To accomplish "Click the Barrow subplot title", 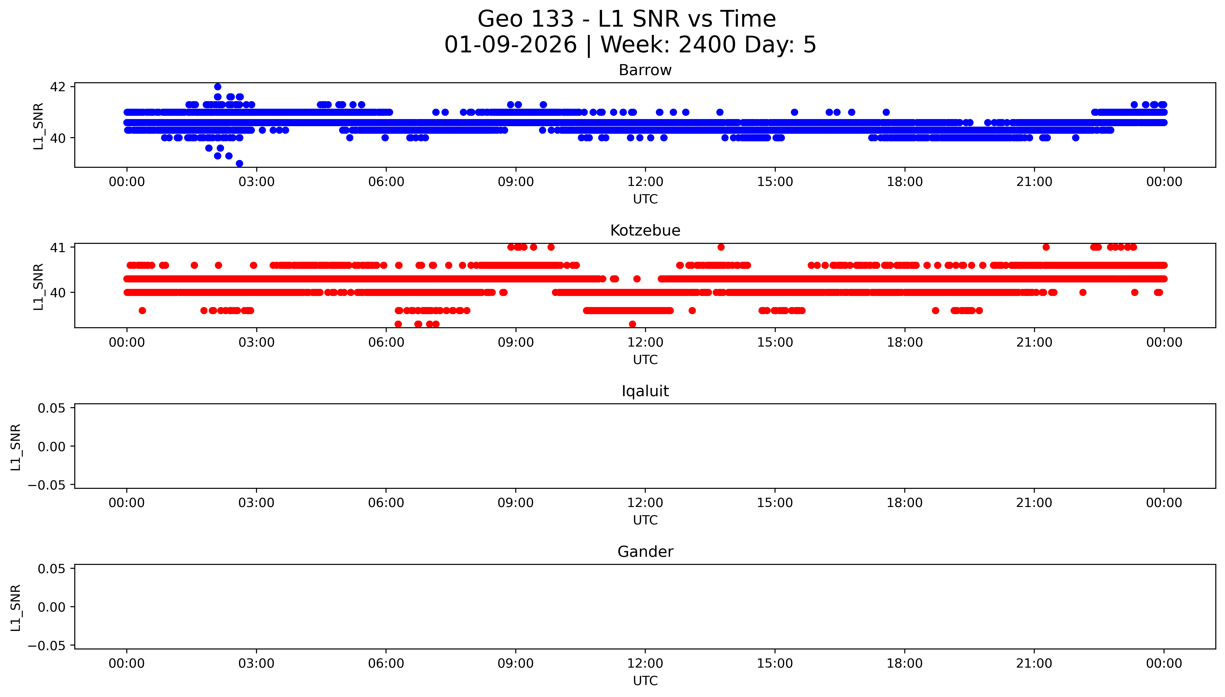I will [x=645, y=70].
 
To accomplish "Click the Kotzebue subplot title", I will [x=645, y=231].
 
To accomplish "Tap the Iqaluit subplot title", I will [x=645, y=391].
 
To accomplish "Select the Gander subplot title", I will [x=645, y=552].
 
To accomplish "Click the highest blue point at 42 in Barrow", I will [x=217, y=87].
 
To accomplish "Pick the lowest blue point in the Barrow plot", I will [x=239, y=163].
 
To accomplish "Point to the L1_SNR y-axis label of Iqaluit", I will [x=16, y=447].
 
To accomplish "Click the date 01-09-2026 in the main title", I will [x=510, y=45].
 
